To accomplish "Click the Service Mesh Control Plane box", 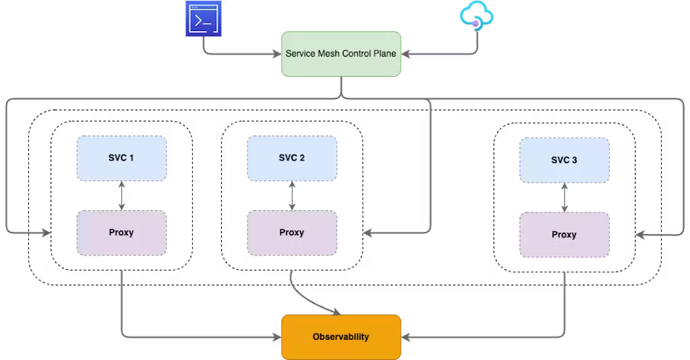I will click(x=341, y=53).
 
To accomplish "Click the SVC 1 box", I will click(x=121, y=158).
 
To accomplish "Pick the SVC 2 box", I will click(x=292, y=158).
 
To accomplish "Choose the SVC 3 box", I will click(x=564, y=160).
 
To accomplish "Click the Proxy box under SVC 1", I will click(x=121, y=233).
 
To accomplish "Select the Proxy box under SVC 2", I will click(x=292, y=233).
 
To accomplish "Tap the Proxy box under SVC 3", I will click(x=564, y=235).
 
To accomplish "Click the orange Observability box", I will click(x=341, y=336).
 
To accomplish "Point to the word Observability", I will click(x=341, y=336).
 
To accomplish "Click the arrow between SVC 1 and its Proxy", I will click(x=122, y=196).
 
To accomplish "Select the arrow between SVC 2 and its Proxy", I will click(x=292, y=196).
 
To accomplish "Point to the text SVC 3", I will click(x=564, y=160).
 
